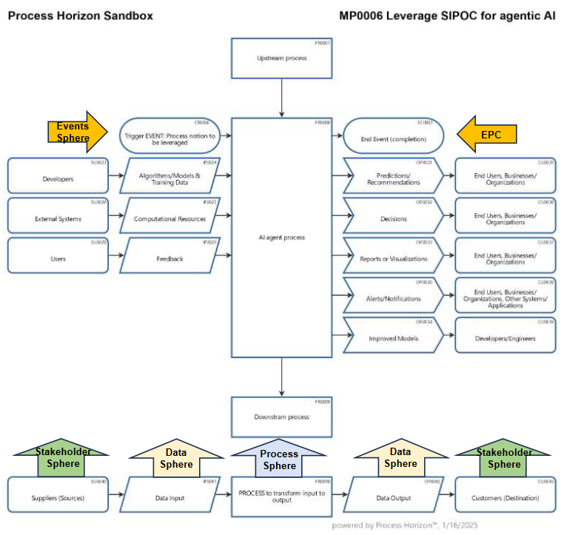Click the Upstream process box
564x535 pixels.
(x=282, y=58)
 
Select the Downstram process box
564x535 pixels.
(x=282, y=417)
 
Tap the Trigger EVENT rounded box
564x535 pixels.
(x=170, y=136)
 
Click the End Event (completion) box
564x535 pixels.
(x=393, y=136)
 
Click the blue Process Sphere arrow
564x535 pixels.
(x=280, y=458)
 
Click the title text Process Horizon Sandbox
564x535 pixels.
(x=80, y=16)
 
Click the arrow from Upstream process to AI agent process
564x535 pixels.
(x=282, y=97)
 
